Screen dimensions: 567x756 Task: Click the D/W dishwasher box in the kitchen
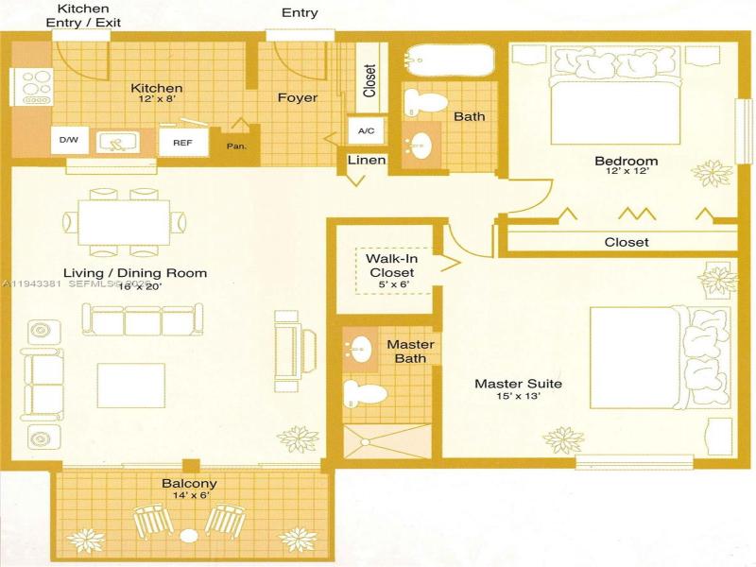pos(68,141)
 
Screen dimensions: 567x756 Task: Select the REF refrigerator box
pos(181,142)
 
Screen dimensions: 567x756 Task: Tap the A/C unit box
pos(366,130)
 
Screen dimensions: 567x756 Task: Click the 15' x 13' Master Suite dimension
pos(517,397)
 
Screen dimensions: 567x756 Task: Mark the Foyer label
pos(297,97)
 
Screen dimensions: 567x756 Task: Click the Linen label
pos(367,160)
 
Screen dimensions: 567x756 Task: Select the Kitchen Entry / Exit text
pos(83,15)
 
